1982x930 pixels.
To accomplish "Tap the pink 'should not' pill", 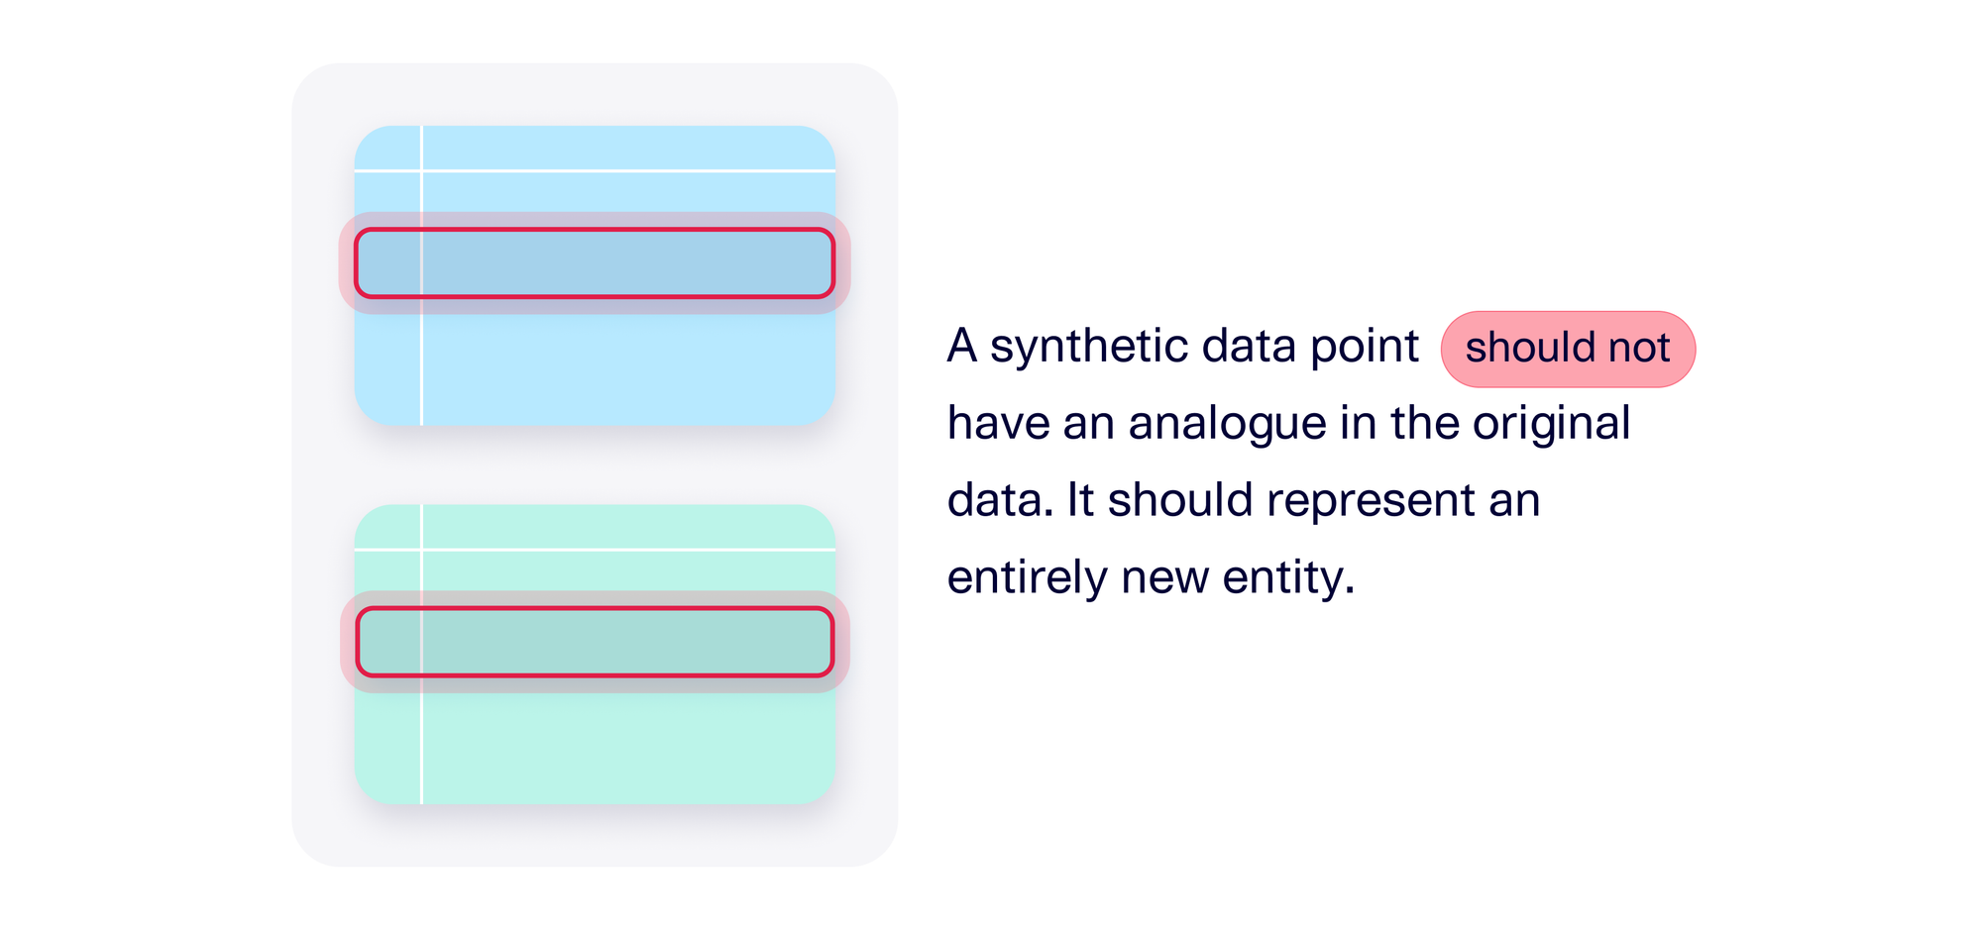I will (x=1568, y=349).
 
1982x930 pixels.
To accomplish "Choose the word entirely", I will (x=1027, y=577).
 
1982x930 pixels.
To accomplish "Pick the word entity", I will (x=1287, y=577).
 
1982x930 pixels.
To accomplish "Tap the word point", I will (x=1365, y=347).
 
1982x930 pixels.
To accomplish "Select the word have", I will (x=997, y=424).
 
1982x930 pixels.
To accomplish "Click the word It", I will (x=1080, y=501).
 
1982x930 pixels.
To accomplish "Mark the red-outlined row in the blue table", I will (x=595, y=263).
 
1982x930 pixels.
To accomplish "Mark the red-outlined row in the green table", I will (x=595, y=642).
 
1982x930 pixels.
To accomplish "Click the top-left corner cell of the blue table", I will (x=387, y=149).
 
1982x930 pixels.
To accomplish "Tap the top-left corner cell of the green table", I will (x=387, y=527).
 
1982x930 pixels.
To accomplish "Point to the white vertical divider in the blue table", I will (x=422, y=366).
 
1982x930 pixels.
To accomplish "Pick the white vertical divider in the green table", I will (x=422, y=743).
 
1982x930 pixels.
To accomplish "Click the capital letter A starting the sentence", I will (x=962, y=347).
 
